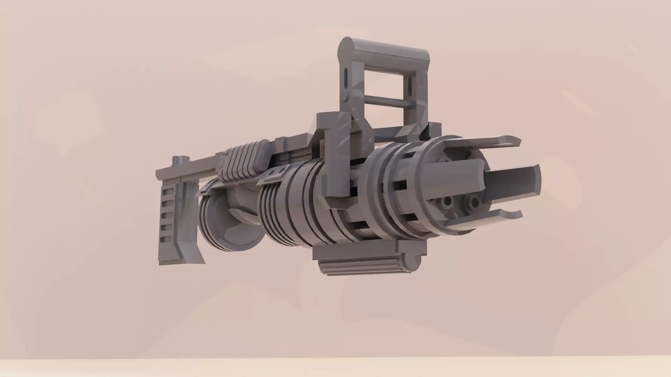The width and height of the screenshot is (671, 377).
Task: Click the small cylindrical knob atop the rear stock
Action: pos(180,160)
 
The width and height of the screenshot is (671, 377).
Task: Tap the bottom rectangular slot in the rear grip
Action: pos(167,240)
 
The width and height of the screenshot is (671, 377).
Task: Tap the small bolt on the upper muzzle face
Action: pos(446,160)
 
